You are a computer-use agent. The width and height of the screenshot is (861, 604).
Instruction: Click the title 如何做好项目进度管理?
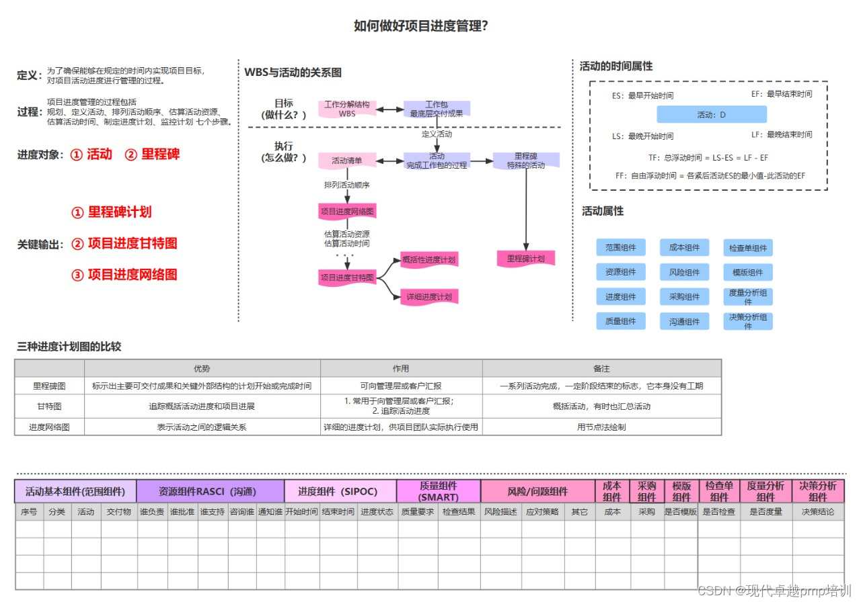(x=421, y=26)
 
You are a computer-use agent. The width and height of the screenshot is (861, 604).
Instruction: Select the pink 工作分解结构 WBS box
(x=347, y=109)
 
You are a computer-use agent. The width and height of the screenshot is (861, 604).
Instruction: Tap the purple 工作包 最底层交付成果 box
(x=437, y=109)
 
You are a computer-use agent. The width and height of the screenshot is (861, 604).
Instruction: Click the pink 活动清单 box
(x=347, y=161)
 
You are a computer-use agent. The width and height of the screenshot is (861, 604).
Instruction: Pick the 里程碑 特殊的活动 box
(x=526, y=161)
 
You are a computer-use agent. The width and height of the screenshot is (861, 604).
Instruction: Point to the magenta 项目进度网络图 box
(x=347, y=211)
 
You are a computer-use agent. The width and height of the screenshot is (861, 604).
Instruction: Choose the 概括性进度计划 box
(x=428, y=260)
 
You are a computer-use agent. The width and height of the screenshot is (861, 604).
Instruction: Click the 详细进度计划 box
(x=428, y=297)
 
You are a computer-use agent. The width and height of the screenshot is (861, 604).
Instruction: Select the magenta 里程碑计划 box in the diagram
(x=526, y=259)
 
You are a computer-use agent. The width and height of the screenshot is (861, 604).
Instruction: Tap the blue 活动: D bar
(x=712, y=115)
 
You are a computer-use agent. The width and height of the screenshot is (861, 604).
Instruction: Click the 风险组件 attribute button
(x=684, y=272)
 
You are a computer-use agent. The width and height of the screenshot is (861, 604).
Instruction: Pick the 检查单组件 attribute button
(x=748, y=248)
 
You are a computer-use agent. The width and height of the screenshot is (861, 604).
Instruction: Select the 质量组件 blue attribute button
(x=621, y=321)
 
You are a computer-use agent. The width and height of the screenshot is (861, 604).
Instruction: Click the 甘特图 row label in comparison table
(x=49, y=406)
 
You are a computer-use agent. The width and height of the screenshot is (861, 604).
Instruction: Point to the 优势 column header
(x=202, y=368)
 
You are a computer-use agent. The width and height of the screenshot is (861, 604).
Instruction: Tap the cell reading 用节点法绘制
(x=601, y=427)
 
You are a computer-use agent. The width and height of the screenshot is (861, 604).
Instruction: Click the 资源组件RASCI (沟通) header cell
(x=210, y=491)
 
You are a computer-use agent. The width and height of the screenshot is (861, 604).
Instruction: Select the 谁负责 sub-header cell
(x=152, y=512)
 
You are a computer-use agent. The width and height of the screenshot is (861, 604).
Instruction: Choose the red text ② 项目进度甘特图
(x=124, y=243)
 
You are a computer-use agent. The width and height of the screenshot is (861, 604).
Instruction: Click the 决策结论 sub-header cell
(x=818, y=512)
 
